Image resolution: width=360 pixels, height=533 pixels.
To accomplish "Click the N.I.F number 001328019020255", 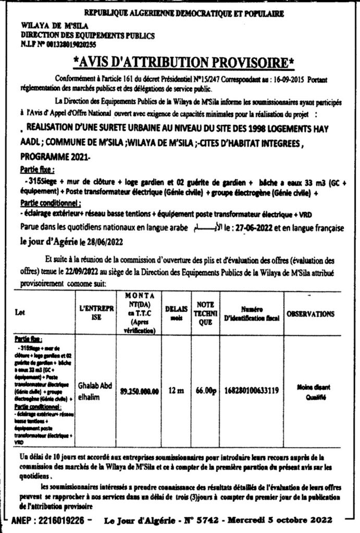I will [x=78, y=46].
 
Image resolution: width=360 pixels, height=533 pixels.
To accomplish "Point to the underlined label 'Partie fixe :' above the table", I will [x=38, y=170].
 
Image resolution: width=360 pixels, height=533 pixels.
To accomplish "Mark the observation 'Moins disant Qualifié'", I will [x=311, y=391].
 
